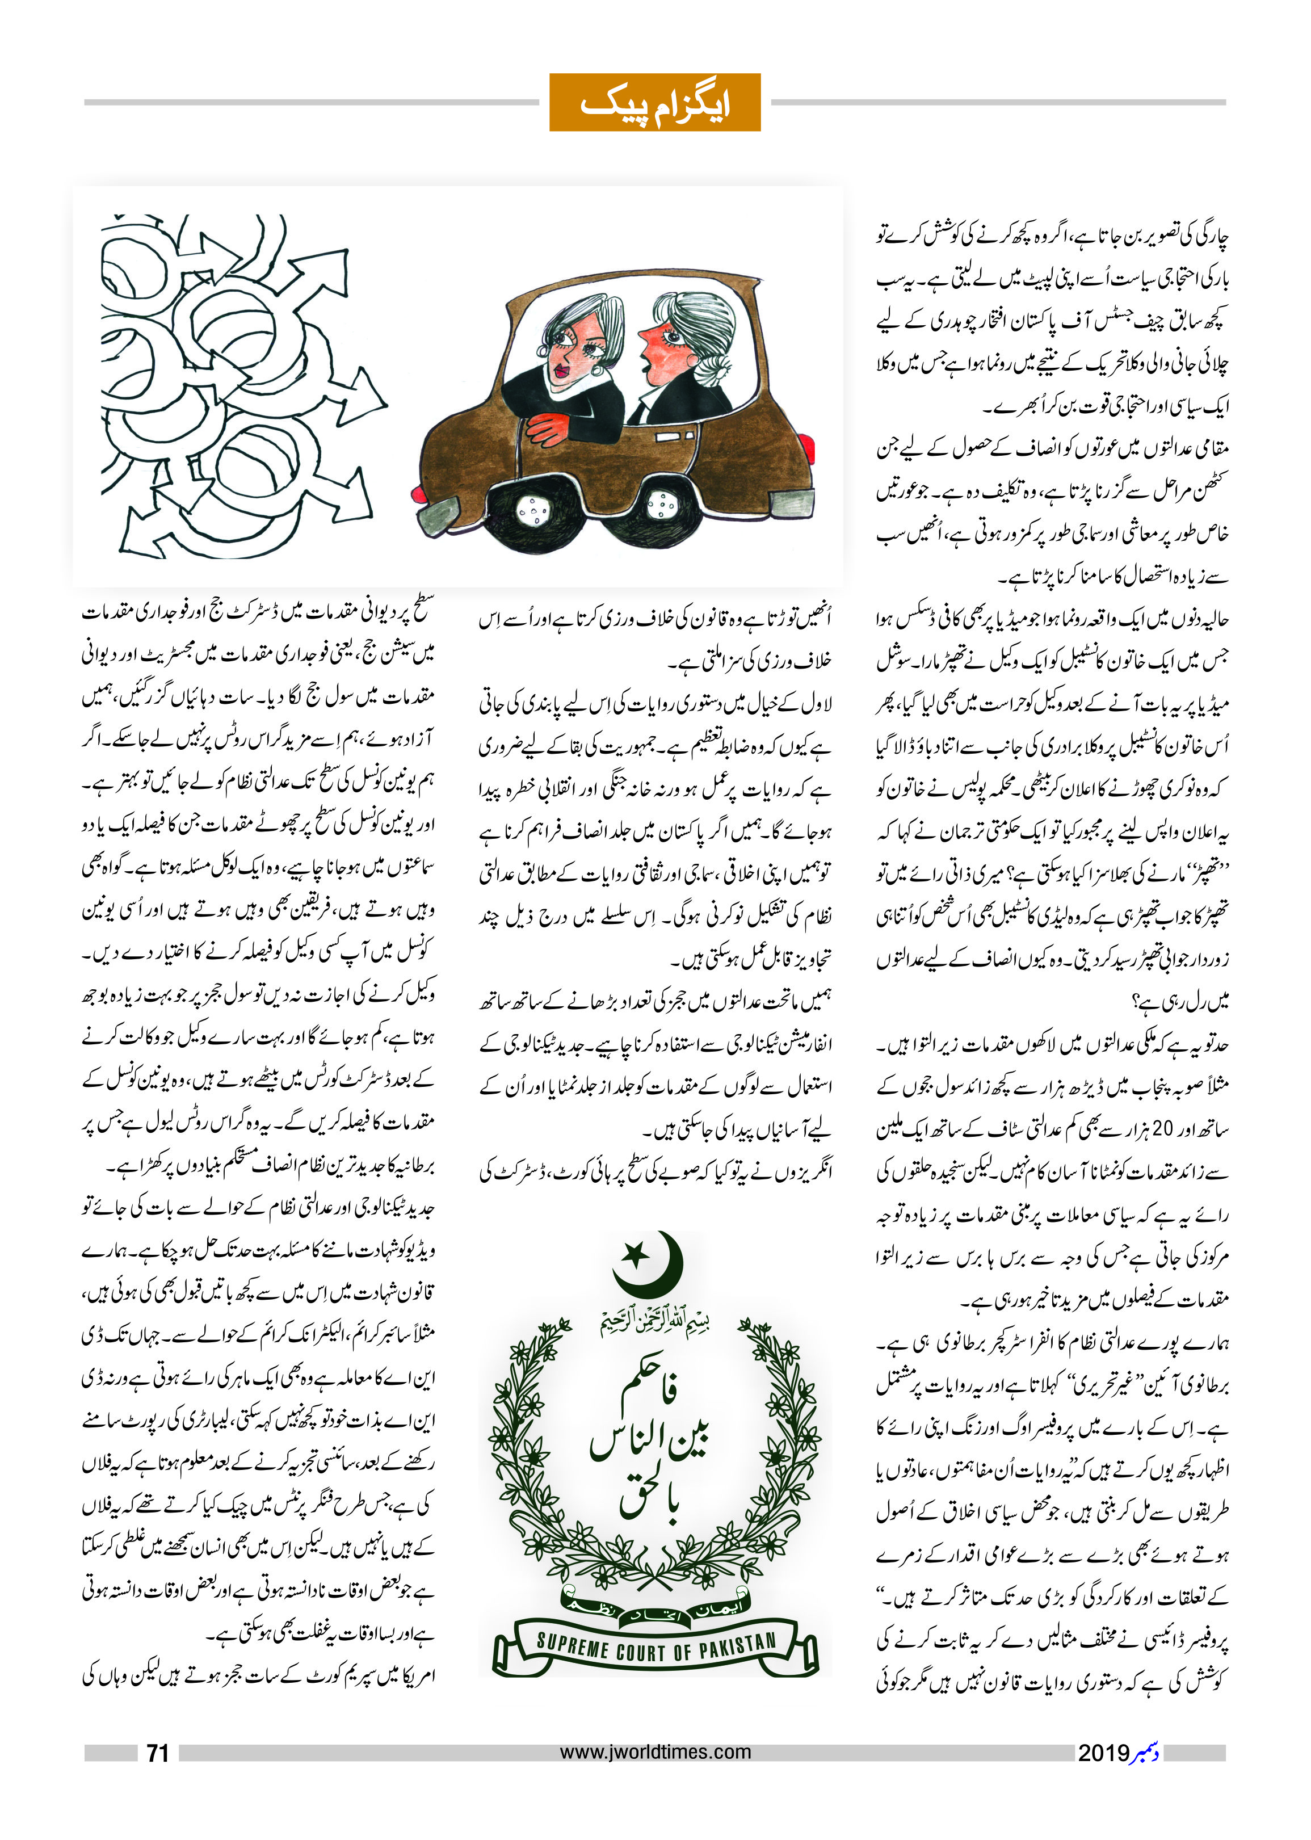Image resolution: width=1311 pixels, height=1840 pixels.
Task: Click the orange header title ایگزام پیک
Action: coord(655,103)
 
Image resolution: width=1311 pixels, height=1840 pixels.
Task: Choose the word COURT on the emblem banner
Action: coord(648,1651)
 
